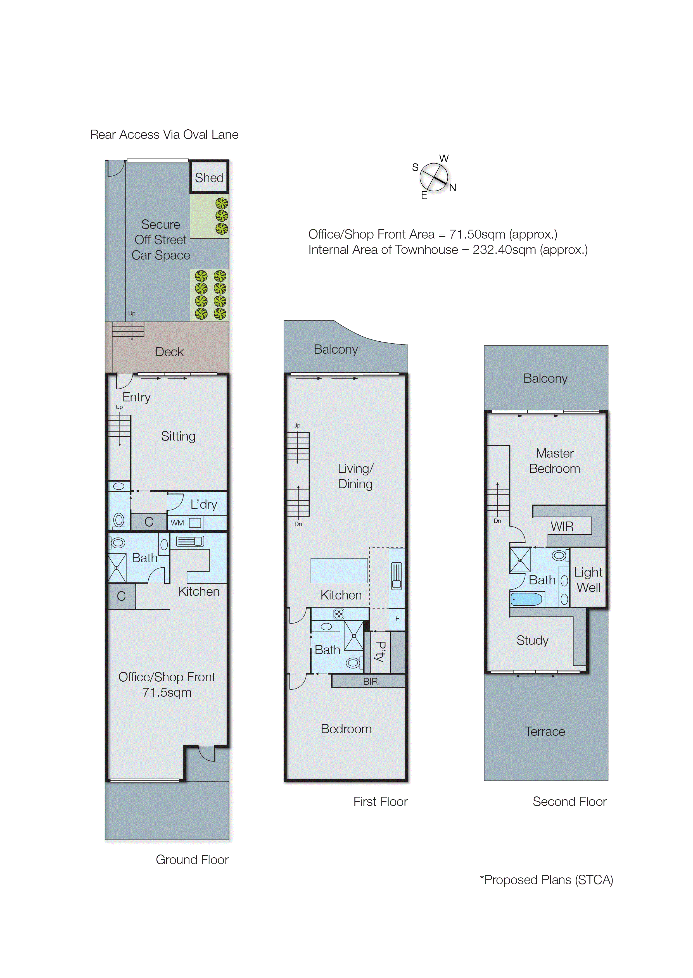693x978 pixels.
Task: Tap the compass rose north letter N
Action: point(453,188)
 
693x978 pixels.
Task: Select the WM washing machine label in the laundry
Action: point(177,523)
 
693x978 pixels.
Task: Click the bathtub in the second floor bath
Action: point(526,599)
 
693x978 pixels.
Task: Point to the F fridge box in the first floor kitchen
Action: point(397,618)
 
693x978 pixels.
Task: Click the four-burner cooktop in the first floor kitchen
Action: point(339,614)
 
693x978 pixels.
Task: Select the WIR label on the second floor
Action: point(562,526)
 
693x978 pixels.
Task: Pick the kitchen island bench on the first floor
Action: point(339,570)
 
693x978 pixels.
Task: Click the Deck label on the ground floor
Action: point(169,352)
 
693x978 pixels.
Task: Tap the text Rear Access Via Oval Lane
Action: point(164,135)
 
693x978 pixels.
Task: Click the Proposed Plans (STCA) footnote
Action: point(546,880)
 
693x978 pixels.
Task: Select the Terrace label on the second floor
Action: point(545,731)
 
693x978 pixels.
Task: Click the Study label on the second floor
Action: point(532,640)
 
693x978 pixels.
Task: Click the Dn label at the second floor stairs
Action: point(497,521)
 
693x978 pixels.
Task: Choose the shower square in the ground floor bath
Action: point(117,568)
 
